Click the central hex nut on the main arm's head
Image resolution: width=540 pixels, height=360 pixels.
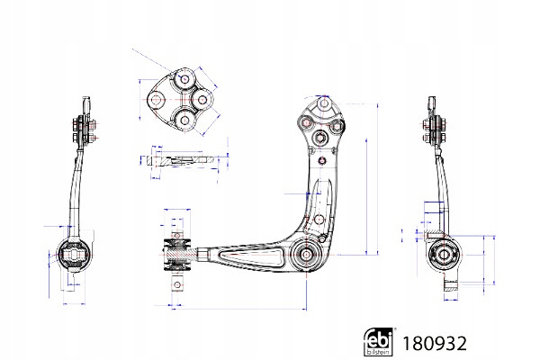click(x=320, y=138)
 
